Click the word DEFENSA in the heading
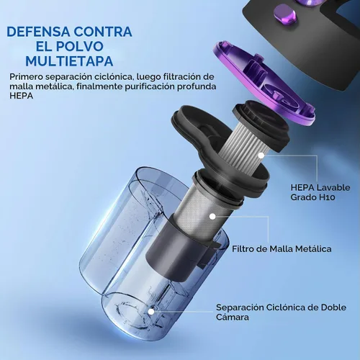tap(39, 32)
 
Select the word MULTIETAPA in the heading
tap(69, 60)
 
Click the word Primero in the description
tap(26, 77)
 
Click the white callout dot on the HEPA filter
tap(261, 156)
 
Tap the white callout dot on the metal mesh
tap(212, 217)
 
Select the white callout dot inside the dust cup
tap(151, 312)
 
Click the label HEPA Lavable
tap(320, 187)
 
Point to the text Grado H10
tap(312, 197)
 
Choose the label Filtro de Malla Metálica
tap(282, 249)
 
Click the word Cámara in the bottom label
tap(233, 317)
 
